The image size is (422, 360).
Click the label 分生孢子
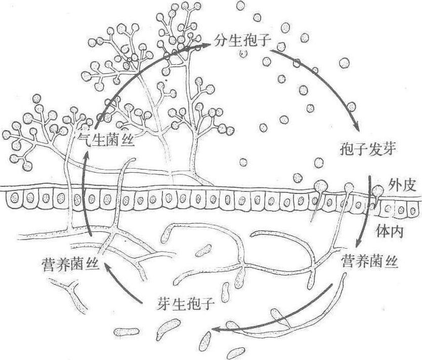point(242,41)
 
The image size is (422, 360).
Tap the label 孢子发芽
point(368,148)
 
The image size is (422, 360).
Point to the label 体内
point(390,231)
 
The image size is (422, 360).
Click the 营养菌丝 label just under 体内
point(370,261)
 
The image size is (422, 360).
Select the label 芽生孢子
point(185,304)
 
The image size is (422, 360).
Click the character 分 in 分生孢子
point(221,41)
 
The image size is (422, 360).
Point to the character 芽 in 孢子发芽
point(390,148)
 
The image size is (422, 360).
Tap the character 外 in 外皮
point(395,185)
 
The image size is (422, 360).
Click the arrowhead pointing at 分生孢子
point(206,46)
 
